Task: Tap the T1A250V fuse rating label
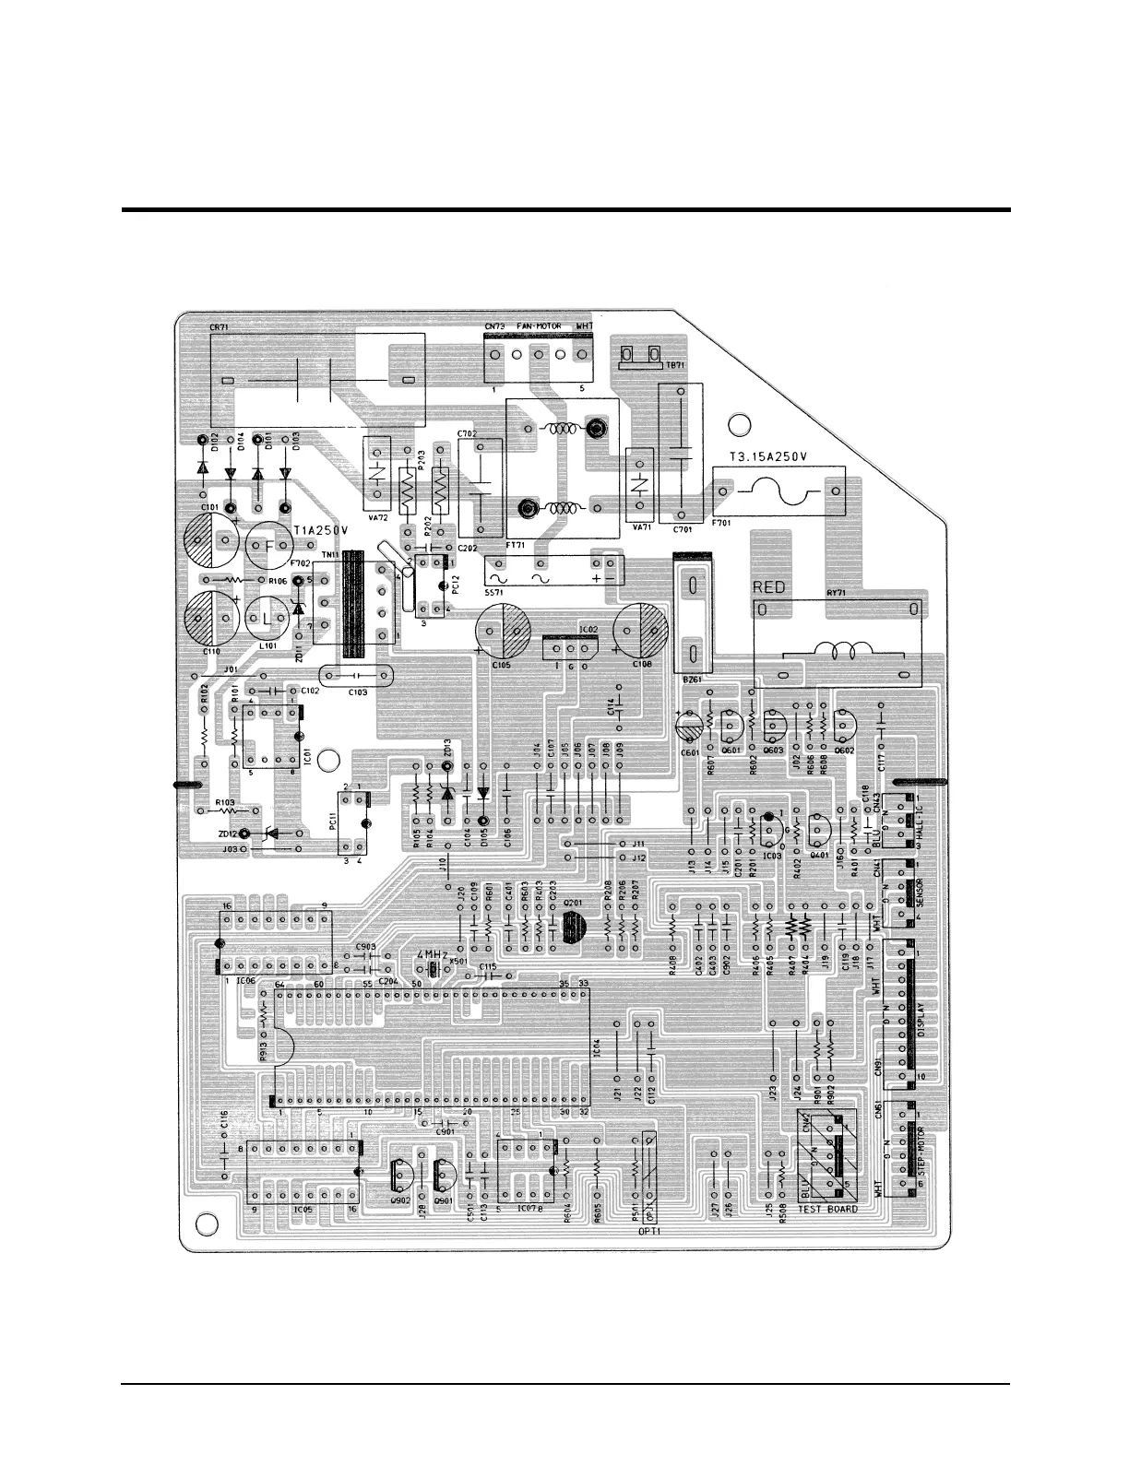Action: pyautogui.click(x=321, y=531)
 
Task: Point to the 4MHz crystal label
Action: pyautogui.click(x=433, y=954)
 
